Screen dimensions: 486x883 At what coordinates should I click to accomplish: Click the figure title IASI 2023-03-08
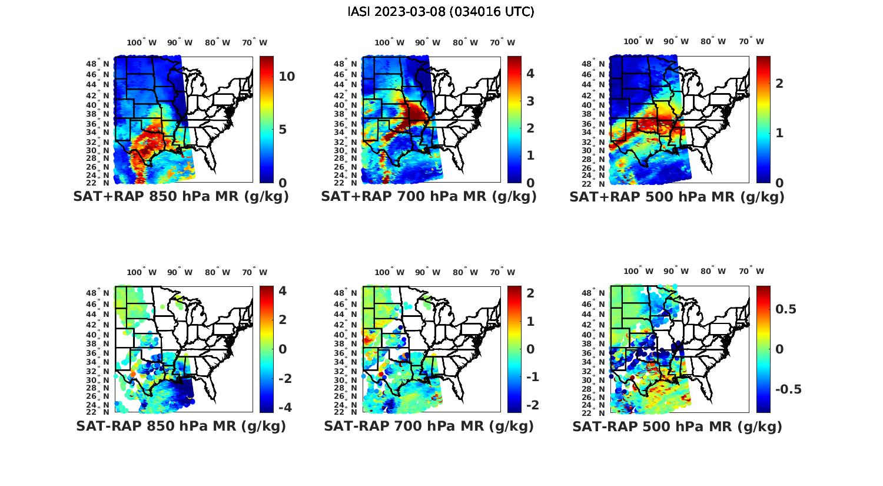click(441, 12)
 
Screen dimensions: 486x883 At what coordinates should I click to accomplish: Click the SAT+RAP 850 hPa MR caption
click(181, 197)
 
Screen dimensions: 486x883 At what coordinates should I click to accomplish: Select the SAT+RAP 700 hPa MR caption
click(429, 197)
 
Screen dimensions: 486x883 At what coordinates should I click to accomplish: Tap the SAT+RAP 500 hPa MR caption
click(677, 197)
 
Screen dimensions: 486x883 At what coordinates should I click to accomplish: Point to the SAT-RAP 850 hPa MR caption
click(181, 426)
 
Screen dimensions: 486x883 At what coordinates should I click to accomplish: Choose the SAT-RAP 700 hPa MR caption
click(429, 426)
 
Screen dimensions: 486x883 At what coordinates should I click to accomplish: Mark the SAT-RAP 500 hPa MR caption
click(677, 426)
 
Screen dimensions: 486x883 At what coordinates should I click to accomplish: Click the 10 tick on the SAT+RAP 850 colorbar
click(287, 77)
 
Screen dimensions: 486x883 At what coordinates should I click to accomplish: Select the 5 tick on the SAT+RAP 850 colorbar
click(283, 130)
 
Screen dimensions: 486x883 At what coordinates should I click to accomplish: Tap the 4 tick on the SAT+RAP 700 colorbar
click(530, 74)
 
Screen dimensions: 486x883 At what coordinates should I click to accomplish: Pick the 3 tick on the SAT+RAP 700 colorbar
click(530, 101)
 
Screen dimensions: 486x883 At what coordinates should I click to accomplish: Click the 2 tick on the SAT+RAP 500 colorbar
click(779, 83)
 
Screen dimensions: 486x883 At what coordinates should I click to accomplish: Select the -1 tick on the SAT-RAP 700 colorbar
click(532, 377)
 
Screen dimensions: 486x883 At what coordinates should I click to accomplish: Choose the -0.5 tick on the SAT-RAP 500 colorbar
click(788, 389)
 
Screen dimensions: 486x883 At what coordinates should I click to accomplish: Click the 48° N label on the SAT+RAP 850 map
click(98, 64)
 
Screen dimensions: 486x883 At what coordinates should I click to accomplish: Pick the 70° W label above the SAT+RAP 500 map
click(752, 41)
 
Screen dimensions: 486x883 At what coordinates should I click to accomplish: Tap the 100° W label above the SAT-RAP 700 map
click(389, 272)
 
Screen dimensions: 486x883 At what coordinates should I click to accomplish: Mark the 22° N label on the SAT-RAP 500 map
click(595, 411)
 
